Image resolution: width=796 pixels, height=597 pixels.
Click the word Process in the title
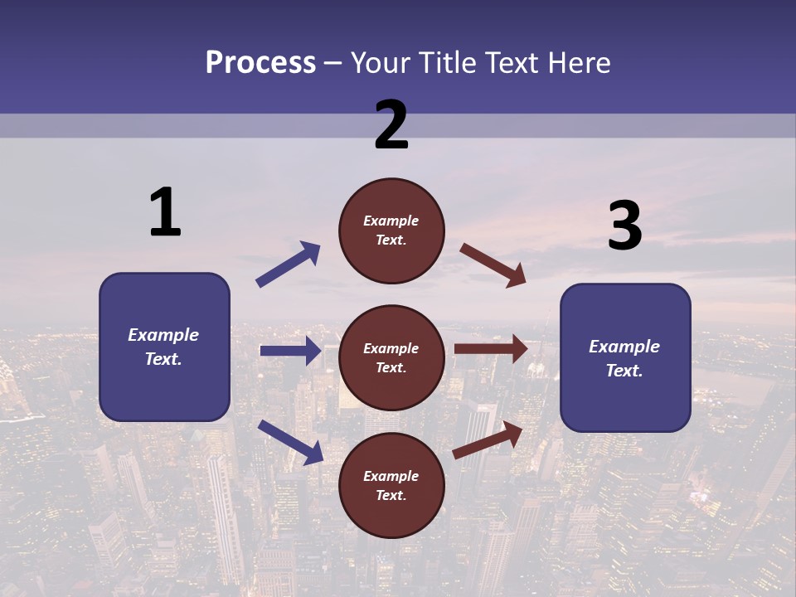pos(260,62)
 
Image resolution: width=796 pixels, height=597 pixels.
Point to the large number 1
pos(165,212)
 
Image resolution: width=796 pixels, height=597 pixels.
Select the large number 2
pos(391,125)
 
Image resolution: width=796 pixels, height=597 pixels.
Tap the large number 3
pos(624,226)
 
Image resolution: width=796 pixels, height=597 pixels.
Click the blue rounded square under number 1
pos(164,347)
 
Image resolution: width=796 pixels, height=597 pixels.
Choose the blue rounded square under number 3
pos(625,357)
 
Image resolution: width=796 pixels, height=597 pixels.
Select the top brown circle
pos(391,230)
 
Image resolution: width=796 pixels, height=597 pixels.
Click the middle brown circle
pos(391,357)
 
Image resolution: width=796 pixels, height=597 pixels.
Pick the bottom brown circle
pos(391,485)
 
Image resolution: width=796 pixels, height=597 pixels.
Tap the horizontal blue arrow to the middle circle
pos(291,351)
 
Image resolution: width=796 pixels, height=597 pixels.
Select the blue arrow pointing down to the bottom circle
pos(291,441)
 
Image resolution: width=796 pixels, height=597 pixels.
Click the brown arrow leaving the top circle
pos(493,265)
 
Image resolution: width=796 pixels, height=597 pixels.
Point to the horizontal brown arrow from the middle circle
pos(491,349)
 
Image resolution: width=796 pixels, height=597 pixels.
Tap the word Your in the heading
pos(378,62)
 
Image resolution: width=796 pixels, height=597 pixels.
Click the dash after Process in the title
pos(333,64)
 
